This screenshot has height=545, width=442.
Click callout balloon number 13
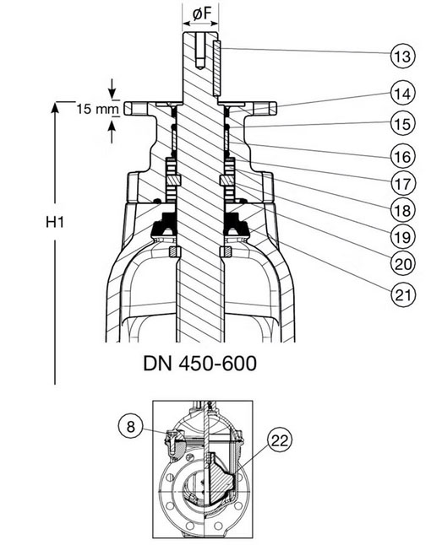[403, 56]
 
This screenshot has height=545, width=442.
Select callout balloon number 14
[403, 93]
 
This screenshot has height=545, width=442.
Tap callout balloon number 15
[403, 123]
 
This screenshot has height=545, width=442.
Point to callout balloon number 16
[403, 156]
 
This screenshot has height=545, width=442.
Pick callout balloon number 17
[403, 183]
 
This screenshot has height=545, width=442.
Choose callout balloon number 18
[403, 210]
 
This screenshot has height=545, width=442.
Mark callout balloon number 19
[403, 237]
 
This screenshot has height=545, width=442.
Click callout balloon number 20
[403, 264]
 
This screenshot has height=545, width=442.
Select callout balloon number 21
[403, 294]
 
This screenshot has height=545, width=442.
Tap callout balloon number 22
[280, 440]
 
